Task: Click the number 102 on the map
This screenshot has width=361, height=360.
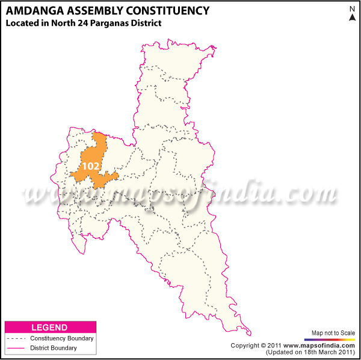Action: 91,166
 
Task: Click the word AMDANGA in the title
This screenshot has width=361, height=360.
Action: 33,10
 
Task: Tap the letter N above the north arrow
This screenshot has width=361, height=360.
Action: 352,8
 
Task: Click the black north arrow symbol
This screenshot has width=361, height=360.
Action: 352,18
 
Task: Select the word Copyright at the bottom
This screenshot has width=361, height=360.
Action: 246,346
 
